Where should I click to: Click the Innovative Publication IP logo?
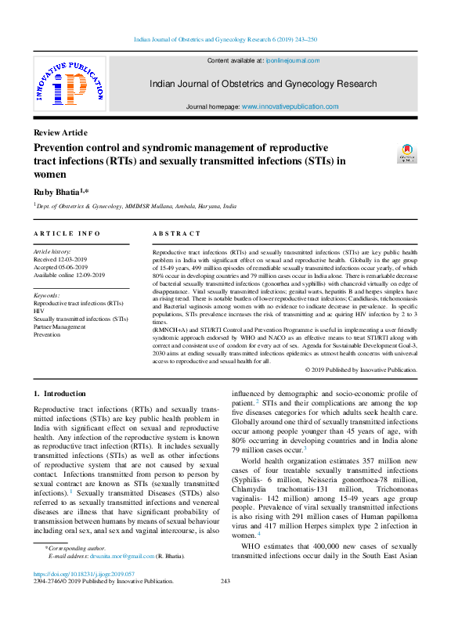tap(68, 86)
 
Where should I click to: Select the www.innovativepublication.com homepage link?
tap(290, 106)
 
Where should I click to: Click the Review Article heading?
tap(60, 133)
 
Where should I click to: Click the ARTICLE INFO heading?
tap(67, 233)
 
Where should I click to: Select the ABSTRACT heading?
tap(176, 233)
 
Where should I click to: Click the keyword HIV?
tap(39, 311)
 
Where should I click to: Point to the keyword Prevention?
tap(47, 334)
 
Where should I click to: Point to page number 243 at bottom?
tap(225, 603)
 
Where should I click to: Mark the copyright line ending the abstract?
tap(361, 369)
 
